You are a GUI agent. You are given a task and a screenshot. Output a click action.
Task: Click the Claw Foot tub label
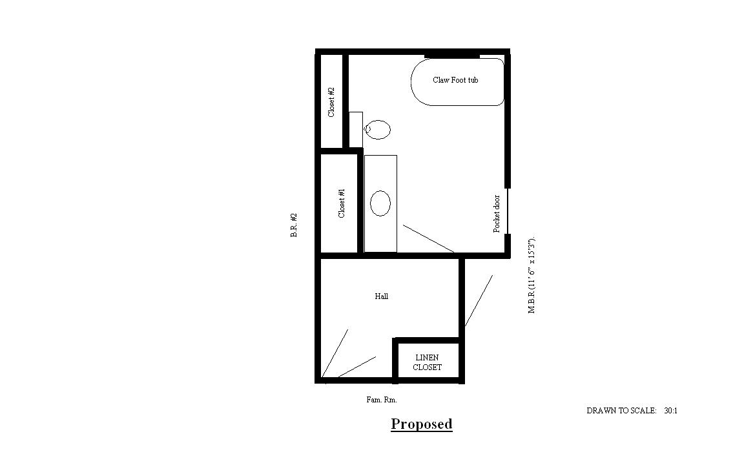[x=455, y=80]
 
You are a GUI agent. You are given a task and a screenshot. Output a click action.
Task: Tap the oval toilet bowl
[x=378, y=130]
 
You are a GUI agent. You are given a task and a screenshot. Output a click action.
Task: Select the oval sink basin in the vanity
[x=380, y=203]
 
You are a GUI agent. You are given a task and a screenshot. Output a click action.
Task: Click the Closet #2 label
[x=331, y=102]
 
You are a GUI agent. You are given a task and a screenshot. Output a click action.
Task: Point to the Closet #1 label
[x=342, y=203]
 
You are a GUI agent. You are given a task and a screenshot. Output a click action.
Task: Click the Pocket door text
[x=496, y=214]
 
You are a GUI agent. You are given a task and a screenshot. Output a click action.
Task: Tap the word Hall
[x=382, y=296]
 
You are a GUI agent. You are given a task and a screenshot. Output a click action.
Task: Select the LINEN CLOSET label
[x=427, y=362]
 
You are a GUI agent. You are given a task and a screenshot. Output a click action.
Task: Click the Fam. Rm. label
[x=382, y=400]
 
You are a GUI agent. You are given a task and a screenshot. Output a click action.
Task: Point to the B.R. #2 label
[x=294, y=225]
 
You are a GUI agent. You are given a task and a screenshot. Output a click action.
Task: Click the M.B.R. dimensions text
[x=532, y=274]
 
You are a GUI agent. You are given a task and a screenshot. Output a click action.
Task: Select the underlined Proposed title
[x=421, y=424]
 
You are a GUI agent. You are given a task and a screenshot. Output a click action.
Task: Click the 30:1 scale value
[x=671, y=411]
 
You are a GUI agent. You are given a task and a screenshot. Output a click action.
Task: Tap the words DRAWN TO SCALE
[x=621, y=411]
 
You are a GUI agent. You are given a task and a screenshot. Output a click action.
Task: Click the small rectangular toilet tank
[x=356, y=130]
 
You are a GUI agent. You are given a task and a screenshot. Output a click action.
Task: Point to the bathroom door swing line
[x=428, y=239]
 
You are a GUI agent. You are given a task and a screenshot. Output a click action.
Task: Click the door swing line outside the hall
[x=479, y=301]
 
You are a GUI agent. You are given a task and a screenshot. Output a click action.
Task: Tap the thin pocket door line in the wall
[x=508, y=211]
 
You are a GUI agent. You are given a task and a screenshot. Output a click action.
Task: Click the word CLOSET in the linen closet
[x=427, y=367]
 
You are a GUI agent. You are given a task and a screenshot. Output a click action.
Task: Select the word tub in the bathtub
[x=473, y=80]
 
